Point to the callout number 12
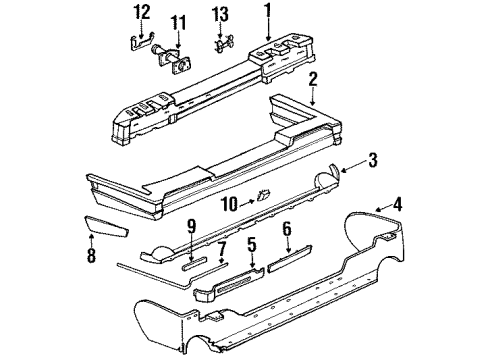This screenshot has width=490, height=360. [142, 12]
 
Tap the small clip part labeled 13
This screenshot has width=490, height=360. [221, 45]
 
